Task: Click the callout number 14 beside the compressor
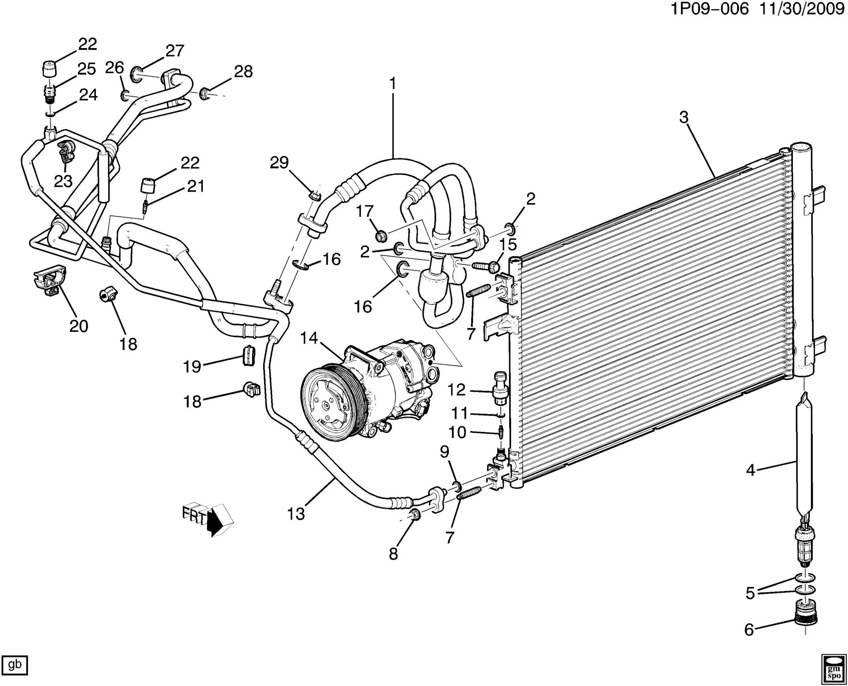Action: (x=309, y=338)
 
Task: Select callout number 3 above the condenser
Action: (x=684, y=117)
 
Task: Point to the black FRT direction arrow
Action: (x=216, y=522)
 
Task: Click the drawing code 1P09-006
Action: (x=710, y=9)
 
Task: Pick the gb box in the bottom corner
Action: (x=15, y=664)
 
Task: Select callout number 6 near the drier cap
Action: (x=749, y=629)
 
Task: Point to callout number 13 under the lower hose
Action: (x=296, y=514)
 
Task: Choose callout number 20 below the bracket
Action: (x=79, y=326)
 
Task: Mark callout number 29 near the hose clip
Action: (x=279, y=163)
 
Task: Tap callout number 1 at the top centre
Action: (x=392, y=83)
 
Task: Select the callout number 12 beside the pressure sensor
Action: (x=456, y=390)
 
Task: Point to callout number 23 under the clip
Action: (x=63, y=181)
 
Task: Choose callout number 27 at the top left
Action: (x=175, y=51)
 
